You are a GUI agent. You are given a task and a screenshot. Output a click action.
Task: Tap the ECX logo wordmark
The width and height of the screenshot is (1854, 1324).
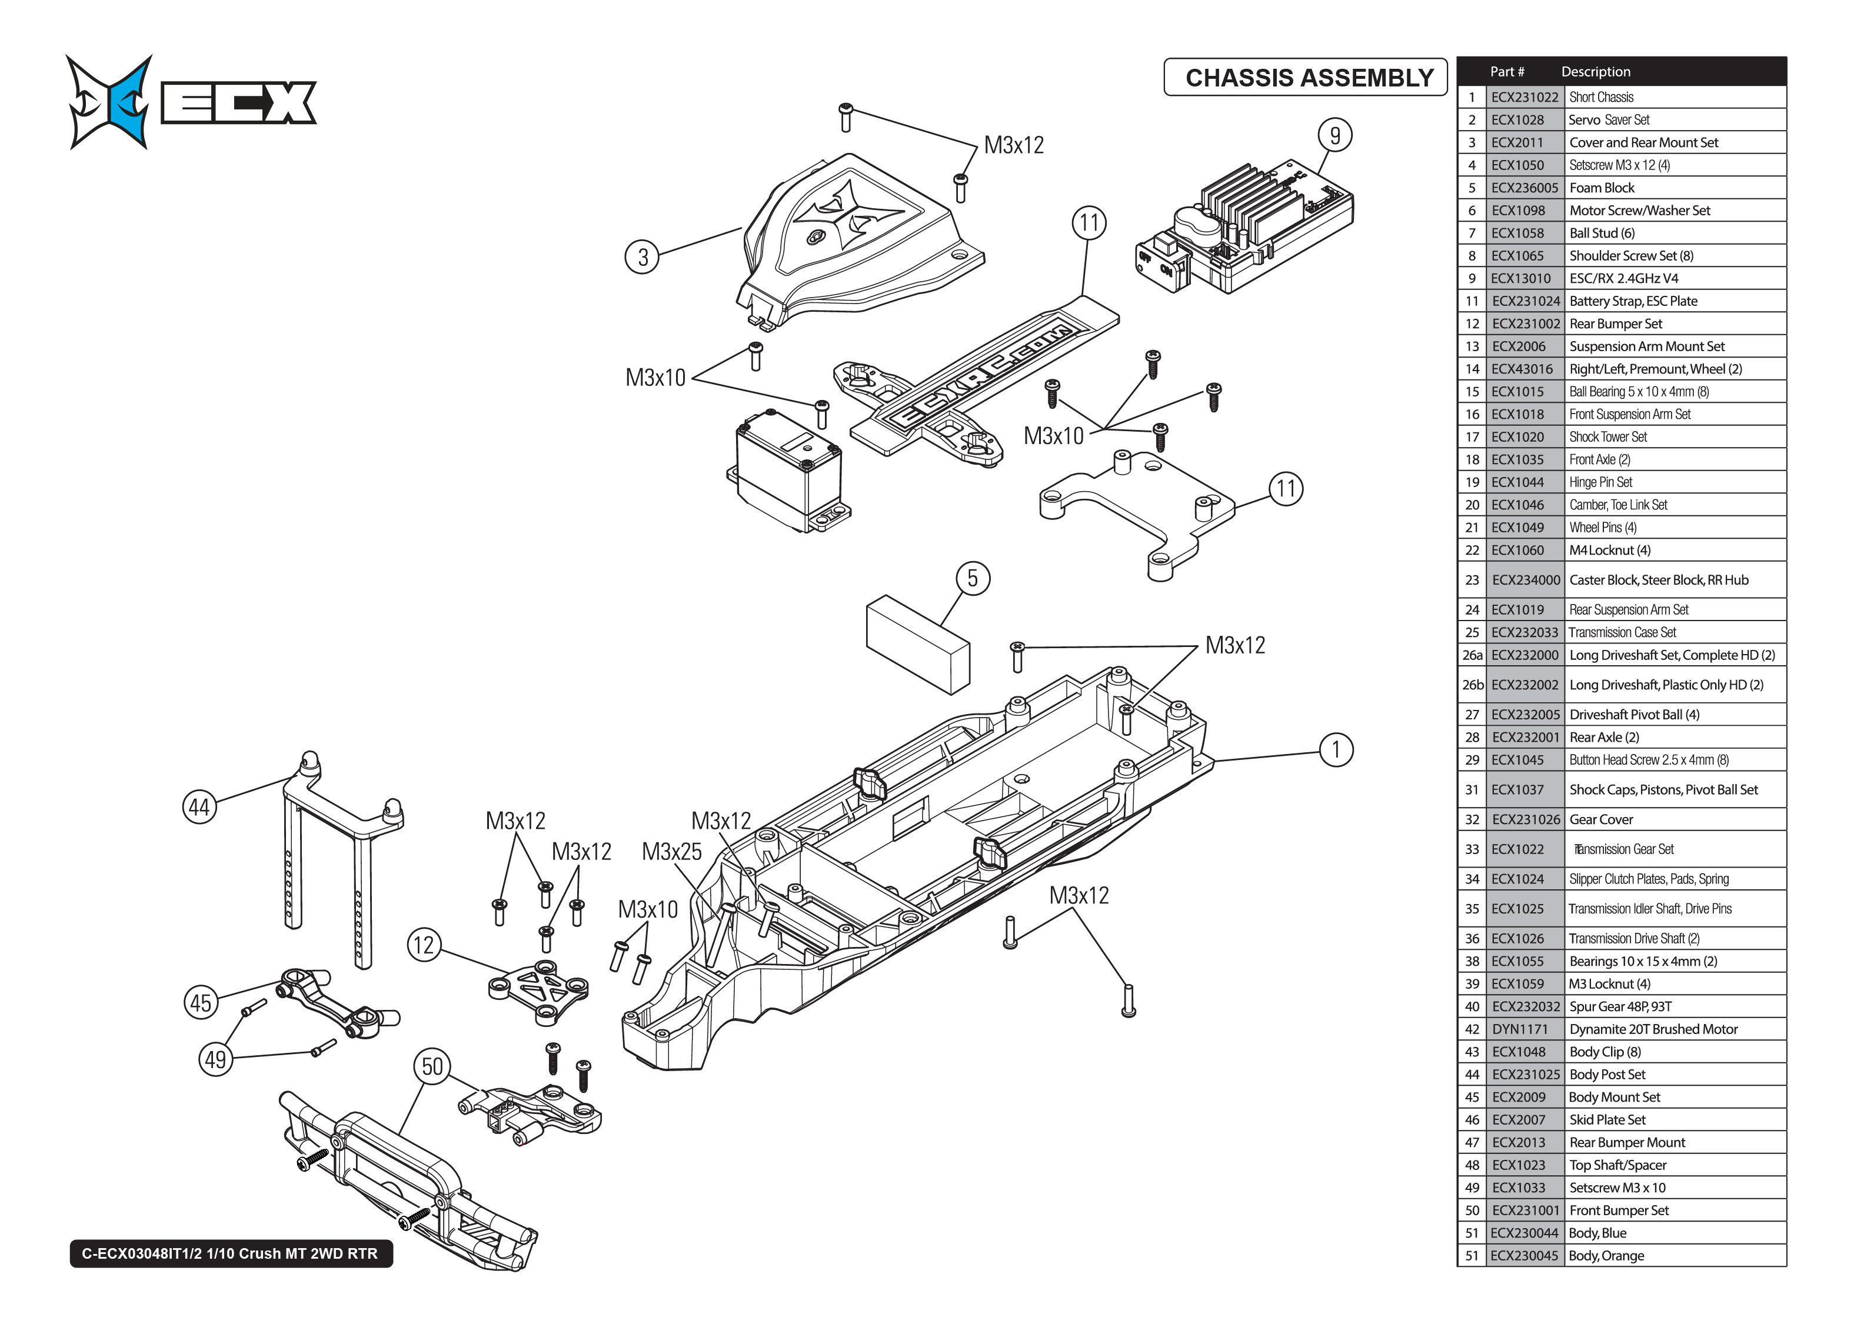point(238,103)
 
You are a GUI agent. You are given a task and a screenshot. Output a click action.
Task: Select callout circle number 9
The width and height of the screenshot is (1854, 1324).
point(1334,135)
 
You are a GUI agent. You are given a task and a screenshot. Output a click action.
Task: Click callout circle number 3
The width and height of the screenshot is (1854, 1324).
point(643,257)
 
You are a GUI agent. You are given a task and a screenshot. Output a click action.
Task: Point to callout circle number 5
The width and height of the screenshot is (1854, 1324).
point(972,579)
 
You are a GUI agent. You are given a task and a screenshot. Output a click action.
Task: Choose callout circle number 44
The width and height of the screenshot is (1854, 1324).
point(199,807)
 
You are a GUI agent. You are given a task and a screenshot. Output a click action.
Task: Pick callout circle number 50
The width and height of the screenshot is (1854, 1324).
point(432,1067)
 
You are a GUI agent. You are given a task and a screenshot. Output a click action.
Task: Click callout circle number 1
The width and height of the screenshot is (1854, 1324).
point(1336,749)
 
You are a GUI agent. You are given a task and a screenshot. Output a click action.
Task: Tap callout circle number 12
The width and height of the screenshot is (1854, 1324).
point(424,945)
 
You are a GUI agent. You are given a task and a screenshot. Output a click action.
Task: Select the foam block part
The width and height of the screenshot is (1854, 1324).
point(917,644)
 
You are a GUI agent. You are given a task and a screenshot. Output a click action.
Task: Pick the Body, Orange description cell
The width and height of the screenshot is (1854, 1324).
point(1606,1256)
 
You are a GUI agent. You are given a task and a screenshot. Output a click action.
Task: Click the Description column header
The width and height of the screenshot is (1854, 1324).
point(1596,72)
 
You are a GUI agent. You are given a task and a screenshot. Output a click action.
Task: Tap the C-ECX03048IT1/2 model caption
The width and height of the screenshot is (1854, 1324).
point(230,1253)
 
